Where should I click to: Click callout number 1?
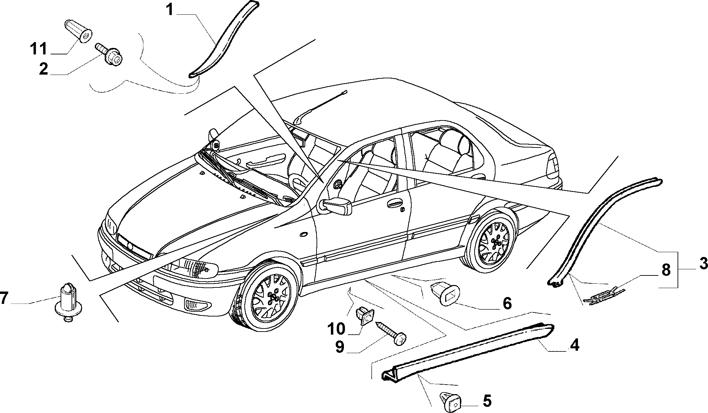coord(170,10)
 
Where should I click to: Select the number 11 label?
coord(38,49)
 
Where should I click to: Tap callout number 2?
coord(43,69)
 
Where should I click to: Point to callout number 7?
coord(4,298)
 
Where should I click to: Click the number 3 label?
coord(703,264)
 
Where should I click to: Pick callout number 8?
coord(666,270)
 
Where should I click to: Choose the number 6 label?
coord(507,303)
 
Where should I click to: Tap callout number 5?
coord(487,401)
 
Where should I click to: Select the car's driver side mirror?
coord(335,206)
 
